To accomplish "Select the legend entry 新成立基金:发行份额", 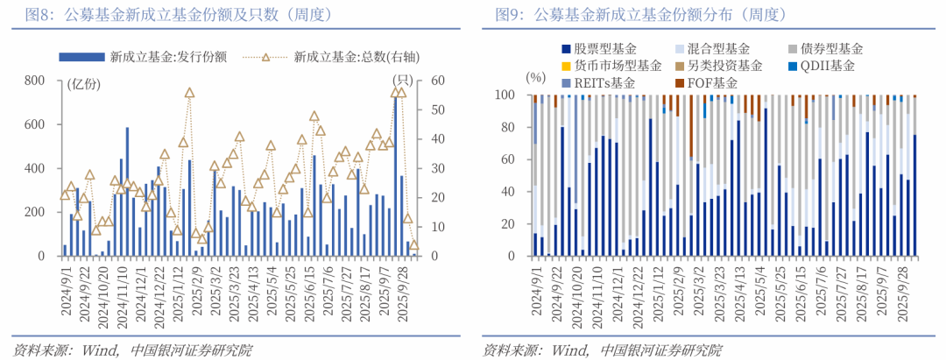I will (167, 58).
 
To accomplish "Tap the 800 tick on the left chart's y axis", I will (35, 81).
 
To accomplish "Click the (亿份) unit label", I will (84, 84).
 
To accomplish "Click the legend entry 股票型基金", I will (604, 49).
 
